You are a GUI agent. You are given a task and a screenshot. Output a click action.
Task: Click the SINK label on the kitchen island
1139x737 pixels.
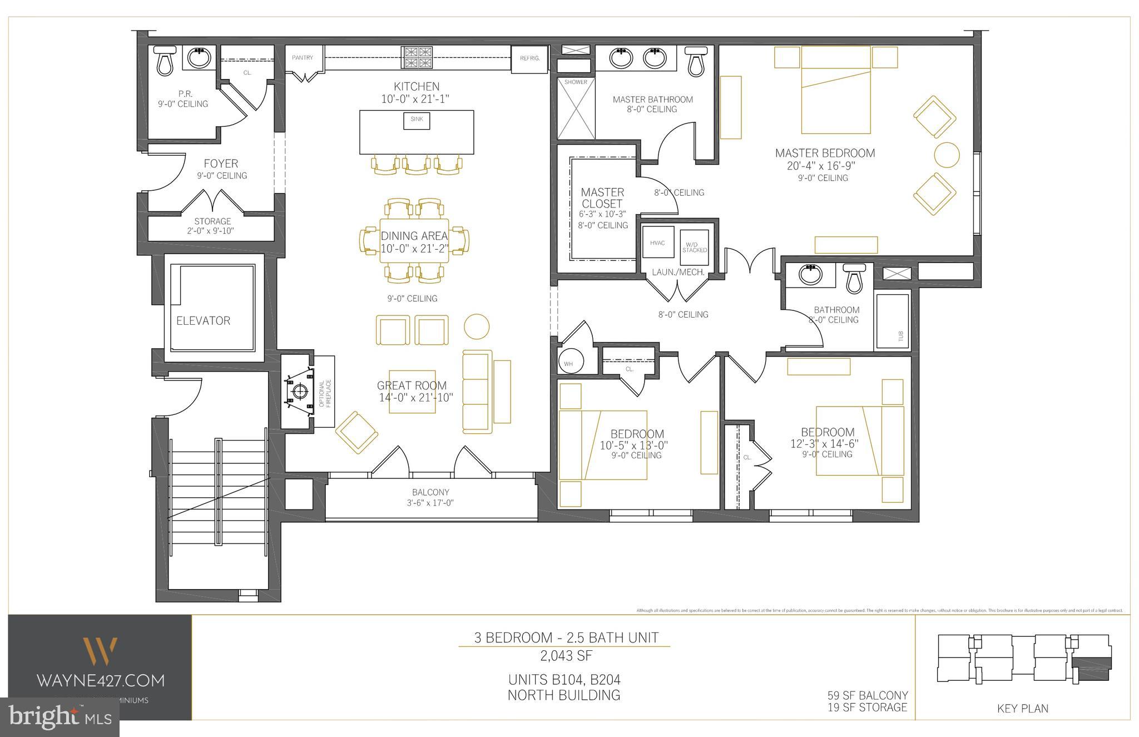click(x=417, y=119)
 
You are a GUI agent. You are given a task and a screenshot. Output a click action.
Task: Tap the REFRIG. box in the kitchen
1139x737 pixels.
click(x=529, y=58)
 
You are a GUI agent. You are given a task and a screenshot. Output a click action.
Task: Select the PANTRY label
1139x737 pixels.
click(x=303, y=58)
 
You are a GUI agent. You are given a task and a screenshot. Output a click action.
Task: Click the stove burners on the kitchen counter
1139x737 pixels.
click(x=418, y=57)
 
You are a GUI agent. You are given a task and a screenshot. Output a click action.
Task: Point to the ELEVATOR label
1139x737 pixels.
click(x=203, y=321)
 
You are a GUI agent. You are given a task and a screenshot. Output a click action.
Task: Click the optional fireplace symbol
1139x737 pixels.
click(x=299, y=391)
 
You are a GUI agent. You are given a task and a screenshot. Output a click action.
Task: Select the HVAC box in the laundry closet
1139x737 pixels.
click(x=657, y=243)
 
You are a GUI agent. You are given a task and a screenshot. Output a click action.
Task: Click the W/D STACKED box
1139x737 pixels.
click(x=695, y=247)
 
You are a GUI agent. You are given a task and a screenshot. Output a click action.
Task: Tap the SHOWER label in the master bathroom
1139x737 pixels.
click(x=576, y=82)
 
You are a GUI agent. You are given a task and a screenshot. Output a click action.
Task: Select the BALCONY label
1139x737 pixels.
click(x=430, y=492)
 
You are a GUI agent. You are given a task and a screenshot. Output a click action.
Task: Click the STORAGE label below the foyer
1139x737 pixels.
click(x=212, y=221)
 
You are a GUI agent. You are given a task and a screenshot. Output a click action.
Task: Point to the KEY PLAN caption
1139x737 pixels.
click(x=1022, y=709)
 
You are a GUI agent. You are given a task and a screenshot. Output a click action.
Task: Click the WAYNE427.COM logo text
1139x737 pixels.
click(x=100, y=680)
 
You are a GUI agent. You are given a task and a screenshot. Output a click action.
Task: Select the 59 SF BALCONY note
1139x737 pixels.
click(x=867, y=696)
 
